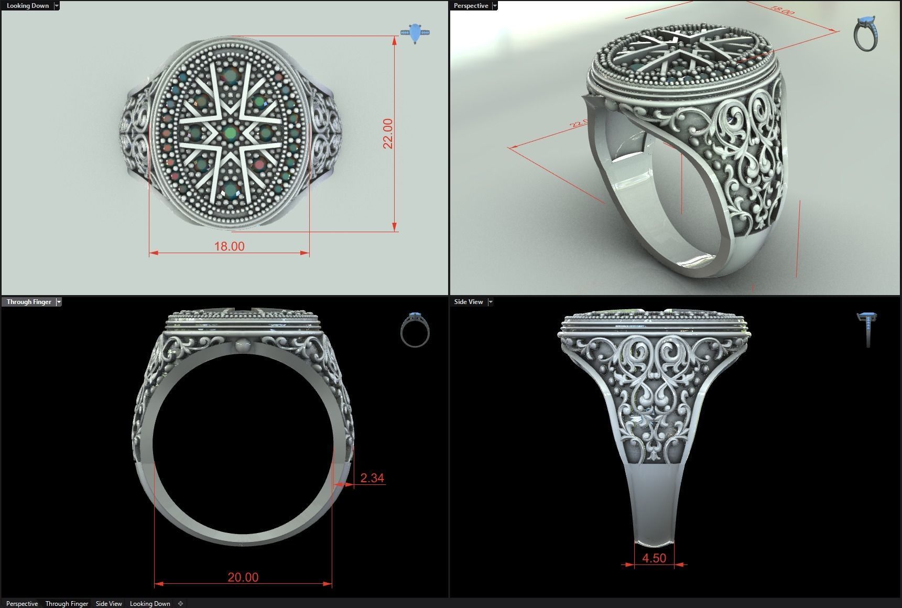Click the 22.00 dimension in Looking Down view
[388, 134]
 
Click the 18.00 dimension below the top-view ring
[229, 246]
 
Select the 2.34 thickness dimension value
[372, 478]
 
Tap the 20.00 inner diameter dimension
[243, 577]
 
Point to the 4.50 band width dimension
[654, 558]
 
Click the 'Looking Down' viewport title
[27, 6]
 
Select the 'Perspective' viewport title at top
[471, 6]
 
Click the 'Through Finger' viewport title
[29, 302]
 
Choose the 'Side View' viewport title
[469, 302]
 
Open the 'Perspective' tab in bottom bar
[22, 604]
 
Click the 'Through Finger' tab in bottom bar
[67, 604]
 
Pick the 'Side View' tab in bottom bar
[108, 604]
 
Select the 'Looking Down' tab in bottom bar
[150, 604]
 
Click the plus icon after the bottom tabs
[180, 604]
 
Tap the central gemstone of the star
[230, 133]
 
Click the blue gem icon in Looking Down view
[415, 33]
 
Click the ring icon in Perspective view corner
[866, 34]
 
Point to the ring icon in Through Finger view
[415, 330]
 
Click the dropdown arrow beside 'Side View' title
[491, 302]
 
